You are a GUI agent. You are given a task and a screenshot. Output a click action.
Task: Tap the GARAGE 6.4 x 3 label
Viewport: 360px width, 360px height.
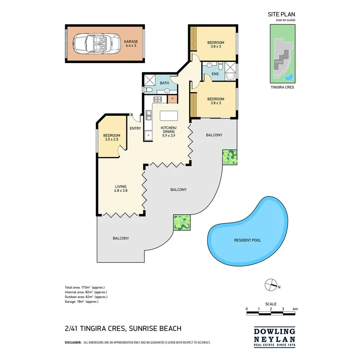click(x=131, y=44)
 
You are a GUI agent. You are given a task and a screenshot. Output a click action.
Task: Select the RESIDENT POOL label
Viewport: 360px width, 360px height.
click(x=247, y=240)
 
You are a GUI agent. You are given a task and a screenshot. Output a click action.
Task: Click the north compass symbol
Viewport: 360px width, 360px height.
click(x=271, y=285)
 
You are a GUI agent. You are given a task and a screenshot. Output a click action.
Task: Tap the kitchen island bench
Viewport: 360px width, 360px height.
click(x=169, y=115)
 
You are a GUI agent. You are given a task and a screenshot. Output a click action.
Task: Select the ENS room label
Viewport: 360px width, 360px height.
click(x=215, y=74)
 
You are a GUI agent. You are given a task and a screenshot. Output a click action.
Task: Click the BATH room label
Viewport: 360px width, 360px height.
click(x=165, y=83)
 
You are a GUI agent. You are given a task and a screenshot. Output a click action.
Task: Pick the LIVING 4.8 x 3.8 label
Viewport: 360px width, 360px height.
click(x=121, y=188)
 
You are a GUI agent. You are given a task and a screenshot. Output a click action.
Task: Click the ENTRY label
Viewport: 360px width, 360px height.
click(x=135, y=129)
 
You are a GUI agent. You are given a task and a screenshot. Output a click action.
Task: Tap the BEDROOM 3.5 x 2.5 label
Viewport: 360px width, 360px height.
click(x=112, y=138)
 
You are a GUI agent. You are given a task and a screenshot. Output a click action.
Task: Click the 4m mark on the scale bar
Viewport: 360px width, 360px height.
click(x=295, y=309)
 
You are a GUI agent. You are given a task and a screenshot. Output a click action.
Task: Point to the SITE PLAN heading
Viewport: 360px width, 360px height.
click(x=282, y=14)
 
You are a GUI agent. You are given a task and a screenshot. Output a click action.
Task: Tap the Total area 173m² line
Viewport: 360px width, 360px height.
click(x=85, y=287)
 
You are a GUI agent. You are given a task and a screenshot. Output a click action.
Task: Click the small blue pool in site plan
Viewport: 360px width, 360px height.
click(x=289, y=77)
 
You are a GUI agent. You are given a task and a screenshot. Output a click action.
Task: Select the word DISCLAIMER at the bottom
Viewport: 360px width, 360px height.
click(x=73, y=342)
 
